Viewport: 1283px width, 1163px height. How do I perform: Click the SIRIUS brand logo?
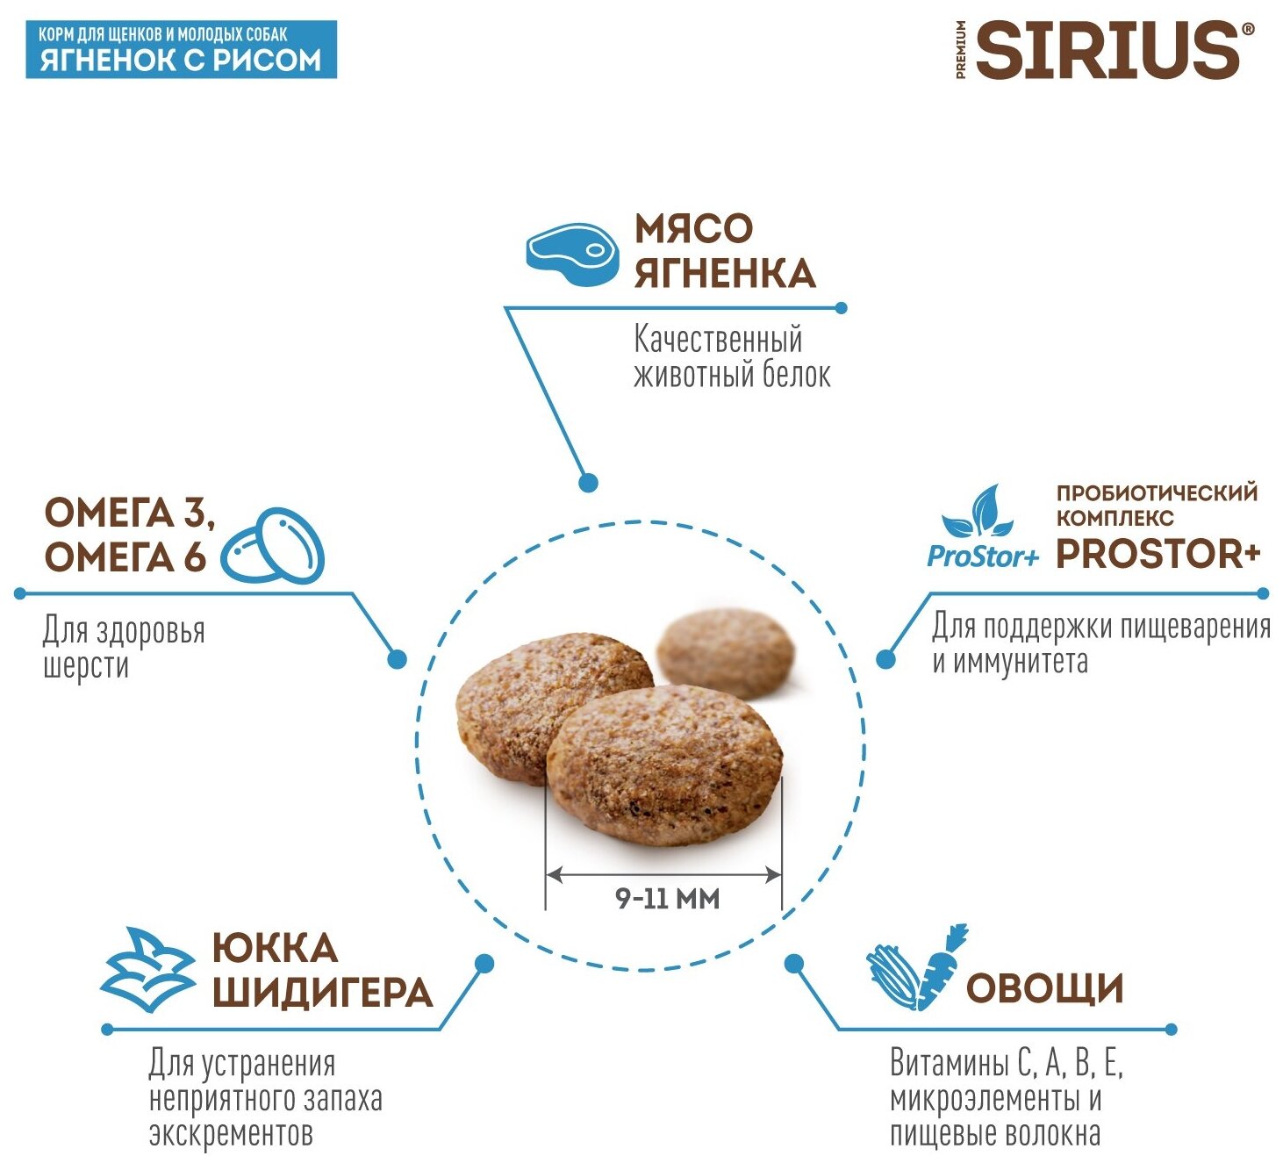pyautogui.click(x=1107, y=50)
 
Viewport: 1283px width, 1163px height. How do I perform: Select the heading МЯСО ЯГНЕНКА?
pyautogui.click(x=724, y=251)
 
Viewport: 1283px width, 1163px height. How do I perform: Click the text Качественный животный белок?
pyautogui.click(x=731, y=357)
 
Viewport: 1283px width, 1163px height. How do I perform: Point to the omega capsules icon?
pyautogui.click(x=273, y=546)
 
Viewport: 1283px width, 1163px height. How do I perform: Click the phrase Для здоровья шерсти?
pyautogui.click(x=124, y=647)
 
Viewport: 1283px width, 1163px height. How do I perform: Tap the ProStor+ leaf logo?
pyautogui.click(x=982, y=528)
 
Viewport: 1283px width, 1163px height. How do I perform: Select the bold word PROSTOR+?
pyautogui.click(x=1158, y=554)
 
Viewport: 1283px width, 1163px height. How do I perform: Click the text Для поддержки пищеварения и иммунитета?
pyautogui.click(x=1100, y=643)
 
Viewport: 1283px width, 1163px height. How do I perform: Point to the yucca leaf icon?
pyautogui.click(x=147, y=970)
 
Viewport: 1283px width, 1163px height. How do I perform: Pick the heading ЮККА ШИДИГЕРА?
pyautogui.click(x=322, y=970)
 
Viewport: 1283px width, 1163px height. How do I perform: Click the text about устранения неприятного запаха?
pyautogui.click(x=265, y=1098)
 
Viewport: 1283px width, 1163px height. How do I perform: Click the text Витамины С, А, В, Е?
pyautogui.click(x=1006, y=1064)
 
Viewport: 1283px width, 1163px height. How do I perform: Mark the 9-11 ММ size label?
pyautogui.click(x=667, y=899)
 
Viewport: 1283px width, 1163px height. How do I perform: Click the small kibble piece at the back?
pyautogui.click(x=725, y=653)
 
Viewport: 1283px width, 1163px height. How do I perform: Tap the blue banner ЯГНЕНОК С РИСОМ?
pyautogui.click(x=181, y=50)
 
